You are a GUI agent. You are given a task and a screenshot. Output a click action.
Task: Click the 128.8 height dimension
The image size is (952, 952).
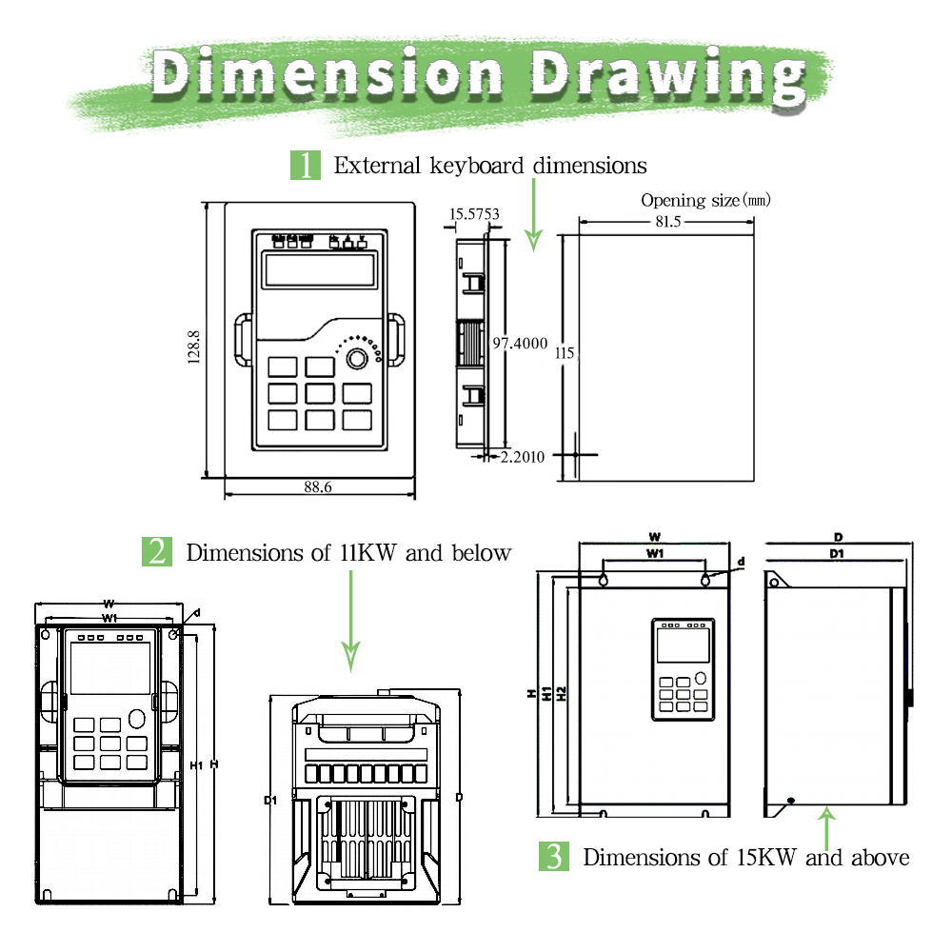194,347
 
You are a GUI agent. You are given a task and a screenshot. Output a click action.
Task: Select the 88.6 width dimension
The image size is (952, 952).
318,486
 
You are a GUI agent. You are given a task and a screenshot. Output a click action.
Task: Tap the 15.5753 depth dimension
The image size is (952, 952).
473,214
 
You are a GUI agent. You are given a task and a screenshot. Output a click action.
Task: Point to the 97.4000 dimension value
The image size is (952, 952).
520,343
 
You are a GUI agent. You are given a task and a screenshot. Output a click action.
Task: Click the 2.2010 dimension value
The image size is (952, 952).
523,457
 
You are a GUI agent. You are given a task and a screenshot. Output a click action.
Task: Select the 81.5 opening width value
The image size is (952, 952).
665,221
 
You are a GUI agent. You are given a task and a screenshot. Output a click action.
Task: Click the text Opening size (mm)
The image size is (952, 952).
704,200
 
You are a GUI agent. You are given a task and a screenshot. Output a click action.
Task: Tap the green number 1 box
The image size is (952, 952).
306,165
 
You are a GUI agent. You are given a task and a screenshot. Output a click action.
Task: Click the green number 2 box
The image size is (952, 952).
157,552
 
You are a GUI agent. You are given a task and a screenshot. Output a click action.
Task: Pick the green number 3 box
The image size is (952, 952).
554,857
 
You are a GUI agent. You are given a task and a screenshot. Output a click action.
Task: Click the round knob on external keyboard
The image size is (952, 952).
357,359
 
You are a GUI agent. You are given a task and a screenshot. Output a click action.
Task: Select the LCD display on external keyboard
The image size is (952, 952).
319,271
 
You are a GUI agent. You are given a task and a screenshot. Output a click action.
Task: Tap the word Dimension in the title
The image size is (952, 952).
327,73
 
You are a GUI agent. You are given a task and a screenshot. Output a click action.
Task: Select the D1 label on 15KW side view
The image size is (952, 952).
836,553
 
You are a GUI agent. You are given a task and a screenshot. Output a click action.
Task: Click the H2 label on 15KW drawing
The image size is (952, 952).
562,694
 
